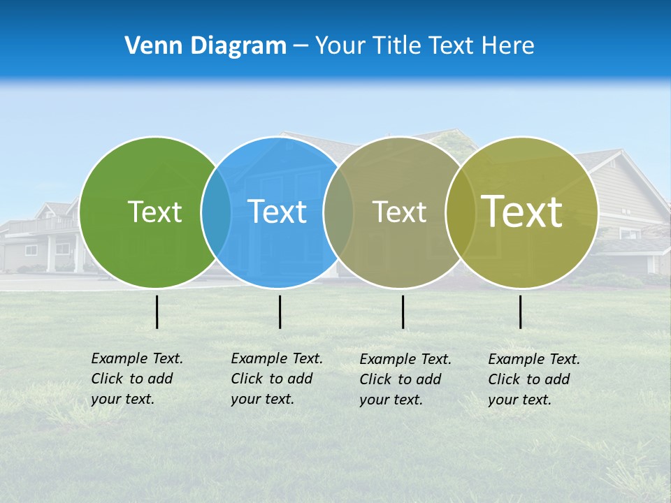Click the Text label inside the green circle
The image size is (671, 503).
(x=154, y=212)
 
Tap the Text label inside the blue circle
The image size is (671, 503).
(x=277, y=212)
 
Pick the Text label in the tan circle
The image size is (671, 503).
(x=399, y=212)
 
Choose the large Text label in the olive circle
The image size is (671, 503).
(x=522, y=212)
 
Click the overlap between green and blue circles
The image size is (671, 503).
(x=216, y=212)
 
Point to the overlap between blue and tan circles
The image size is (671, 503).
(x=338, y=212)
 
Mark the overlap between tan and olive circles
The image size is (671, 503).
(x=461, y=212)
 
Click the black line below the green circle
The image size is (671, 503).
(x=157, y=312)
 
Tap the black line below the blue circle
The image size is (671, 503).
(x=280, y=312)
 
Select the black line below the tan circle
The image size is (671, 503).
(x=403, y=312)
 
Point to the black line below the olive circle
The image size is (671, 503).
(x=520, y=312)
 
